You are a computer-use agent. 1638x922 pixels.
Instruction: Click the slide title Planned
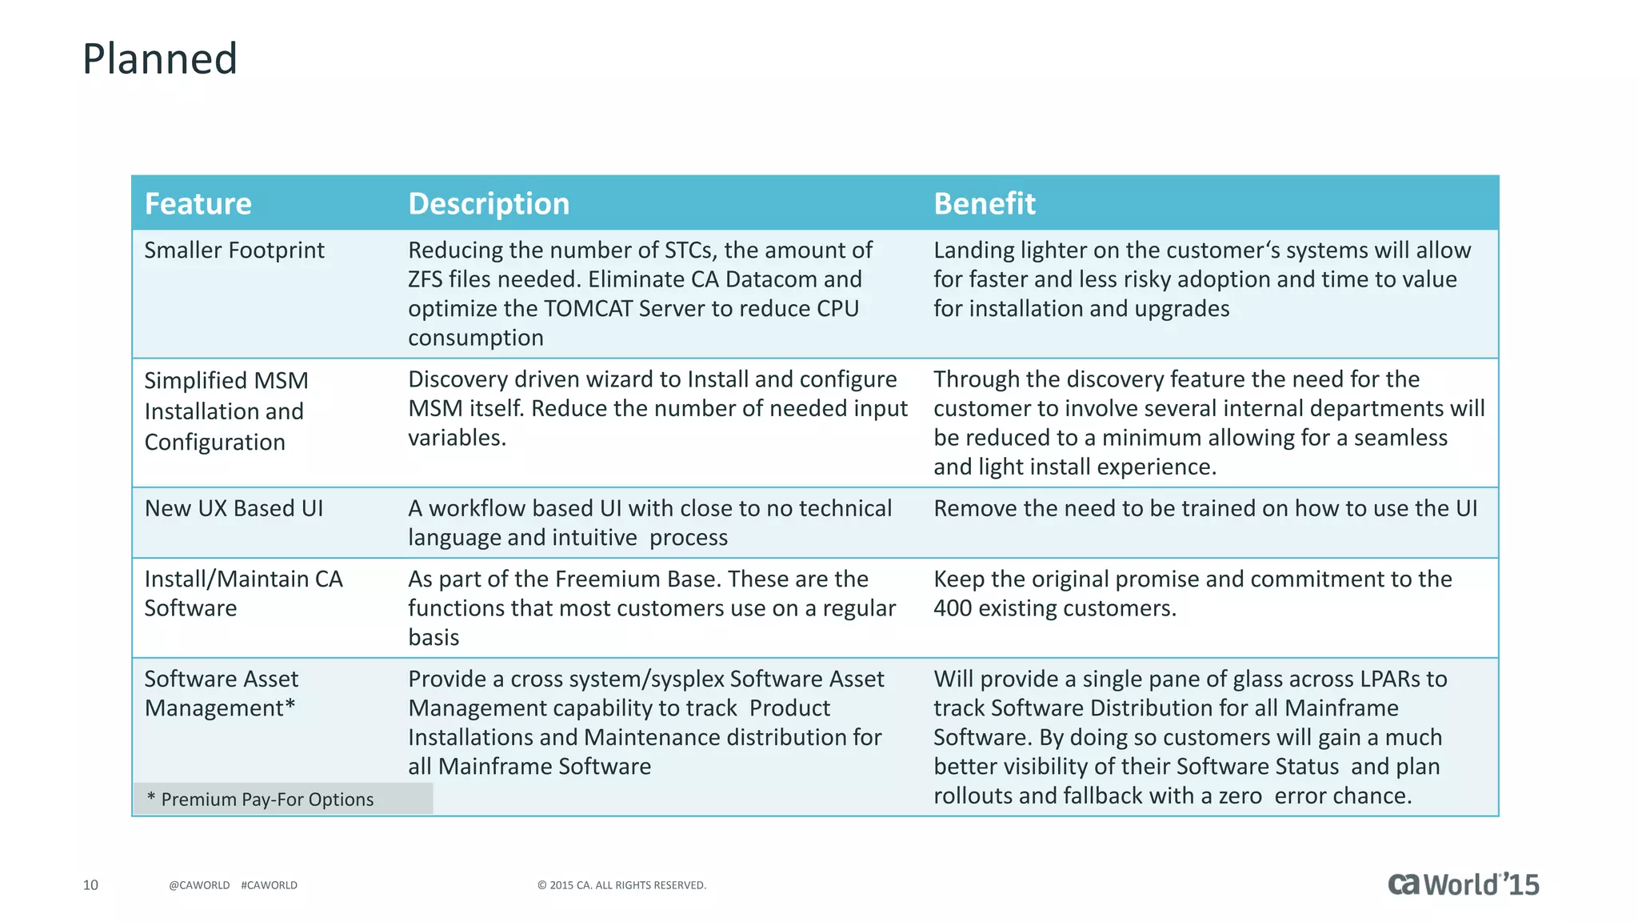[160, 59]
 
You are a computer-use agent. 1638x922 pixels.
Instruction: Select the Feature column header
[198, 204]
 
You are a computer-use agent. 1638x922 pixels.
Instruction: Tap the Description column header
[489, 204]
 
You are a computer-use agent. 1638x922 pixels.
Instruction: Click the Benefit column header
[984, 204]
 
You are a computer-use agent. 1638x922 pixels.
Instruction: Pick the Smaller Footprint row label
[234, 251]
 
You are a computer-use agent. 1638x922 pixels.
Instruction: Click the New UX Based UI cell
[234, 508]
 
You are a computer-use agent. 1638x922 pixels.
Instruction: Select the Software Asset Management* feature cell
[221, 693]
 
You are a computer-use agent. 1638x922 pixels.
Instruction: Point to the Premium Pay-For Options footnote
[261, 800]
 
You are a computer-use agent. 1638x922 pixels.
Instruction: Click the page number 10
[90, 885]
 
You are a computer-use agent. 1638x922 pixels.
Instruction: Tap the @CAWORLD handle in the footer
[199, 885]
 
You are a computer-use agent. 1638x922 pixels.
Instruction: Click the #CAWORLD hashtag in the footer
[269, 885]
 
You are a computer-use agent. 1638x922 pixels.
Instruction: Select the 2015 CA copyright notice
[621, 885]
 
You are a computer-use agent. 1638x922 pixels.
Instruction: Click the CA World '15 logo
[1463, 884]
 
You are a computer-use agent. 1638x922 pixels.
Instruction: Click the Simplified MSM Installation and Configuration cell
[226, 411]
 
